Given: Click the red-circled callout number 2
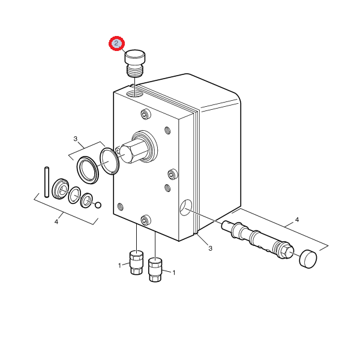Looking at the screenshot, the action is (116, 43).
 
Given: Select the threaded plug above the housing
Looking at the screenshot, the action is (135, 63).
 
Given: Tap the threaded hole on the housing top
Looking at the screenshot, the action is (135, 93).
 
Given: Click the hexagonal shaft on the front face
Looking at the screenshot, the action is (134, 151).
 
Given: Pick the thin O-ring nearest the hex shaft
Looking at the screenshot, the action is (110, 161).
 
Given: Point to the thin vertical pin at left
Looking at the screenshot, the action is (47, 182).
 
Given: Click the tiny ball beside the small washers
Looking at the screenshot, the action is (98, 205).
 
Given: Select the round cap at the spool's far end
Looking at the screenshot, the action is (308, 259).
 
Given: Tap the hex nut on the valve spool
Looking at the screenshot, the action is (287, 251).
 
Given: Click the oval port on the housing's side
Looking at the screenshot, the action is (186, 208).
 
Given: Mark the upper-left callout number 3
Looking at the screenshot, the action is (76, 139).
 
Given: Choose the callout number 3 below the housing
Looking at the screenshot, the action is (211, 248).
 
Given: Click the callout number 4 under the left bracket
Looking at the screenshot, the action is (56, 222).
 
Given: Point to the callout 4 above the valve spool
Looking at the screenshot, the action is (297, 220).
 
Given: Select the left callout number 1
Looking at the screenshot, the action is (119, 266).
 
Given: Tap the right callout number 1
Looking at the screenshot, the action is (174, 273).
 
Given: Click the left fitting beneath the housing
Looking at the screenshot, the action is (136, 262).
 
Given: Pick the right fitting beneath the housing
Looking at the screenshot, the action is (155, 270).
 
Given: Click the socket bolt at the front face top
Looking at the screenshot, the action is (146, 114).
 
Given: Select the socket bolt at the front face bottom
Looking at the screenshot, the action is (146, 220).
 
